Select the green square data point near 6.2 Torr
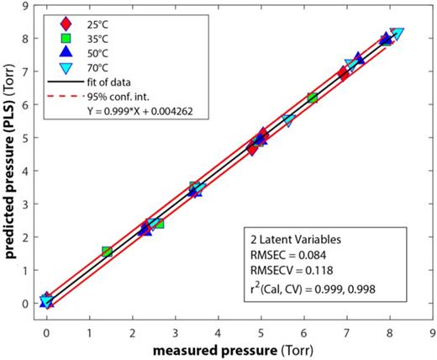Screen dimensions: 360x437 click(313, 98)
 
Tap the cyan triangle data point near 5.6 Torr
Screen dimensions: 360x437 click(289, 121)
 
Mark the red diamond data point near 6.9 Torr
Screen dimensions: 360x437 click(343, 75)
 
